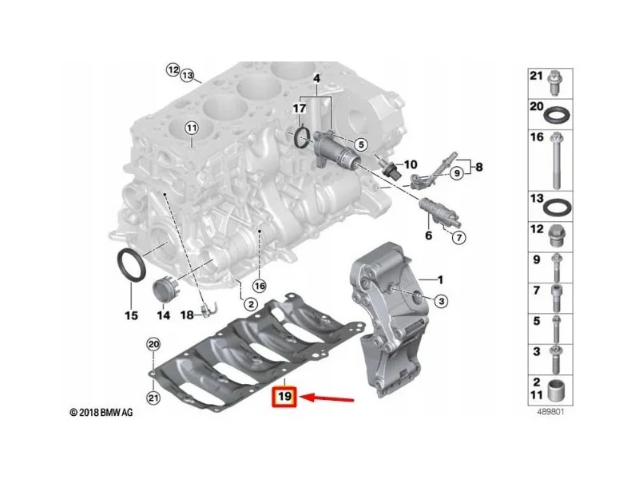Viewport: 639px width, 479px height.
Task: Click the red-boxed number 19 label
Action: tap(285, 397)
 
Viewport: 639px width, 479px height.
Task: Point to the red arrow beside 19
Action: tap(328, 398)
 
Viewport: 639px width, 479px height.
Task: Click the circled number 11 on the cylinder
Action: tap(191, 128)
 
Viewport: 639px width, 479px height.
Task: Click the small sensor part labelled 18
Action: tap(207, 310)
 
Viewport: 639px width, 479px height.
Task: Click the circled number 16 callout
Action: tap(260, 286)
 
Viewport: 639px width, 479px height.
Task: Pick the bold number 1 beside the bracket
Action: tap(440, 280)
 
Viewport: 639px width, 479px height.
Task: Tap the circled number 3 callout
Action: tap(441, 301)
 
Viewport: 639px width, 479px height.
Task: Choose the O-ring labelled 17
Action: tap(302, 137)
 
